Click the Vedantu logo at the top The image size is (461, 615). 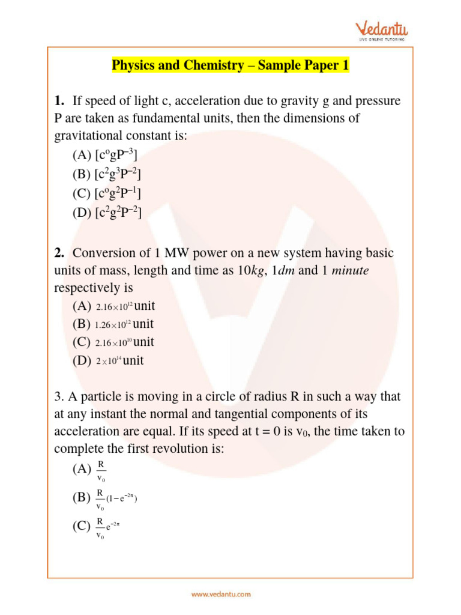tap(381, 31)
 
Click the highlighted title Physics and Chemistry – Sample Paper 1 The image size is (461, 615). tap(230, 65)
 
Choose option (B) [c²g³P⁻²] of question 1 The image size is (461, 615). tap(107, 175)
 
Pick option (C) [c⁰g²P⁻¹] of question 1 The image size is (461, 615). tap(107, 193)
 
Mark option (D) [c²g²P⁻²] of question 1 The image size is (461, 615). tap(107, 212)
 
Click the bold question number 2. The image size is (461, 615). tap(60, 253)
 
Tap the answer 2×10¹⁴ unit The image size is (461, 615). tap(120, 361)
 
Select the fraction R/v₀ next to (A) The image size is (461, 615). tap(101, 471)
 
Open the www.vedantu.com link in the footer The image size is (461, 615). tap(221, 595)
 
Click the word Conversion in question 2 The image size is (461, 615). tap(106, 253)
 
